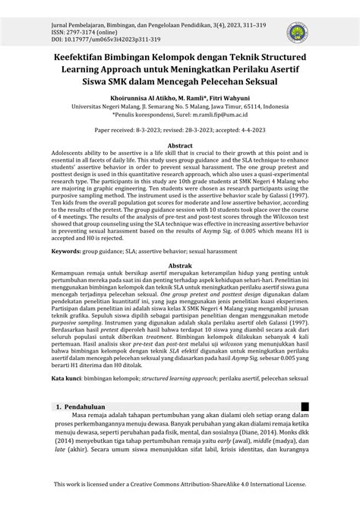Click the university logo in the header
[295, 33]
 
